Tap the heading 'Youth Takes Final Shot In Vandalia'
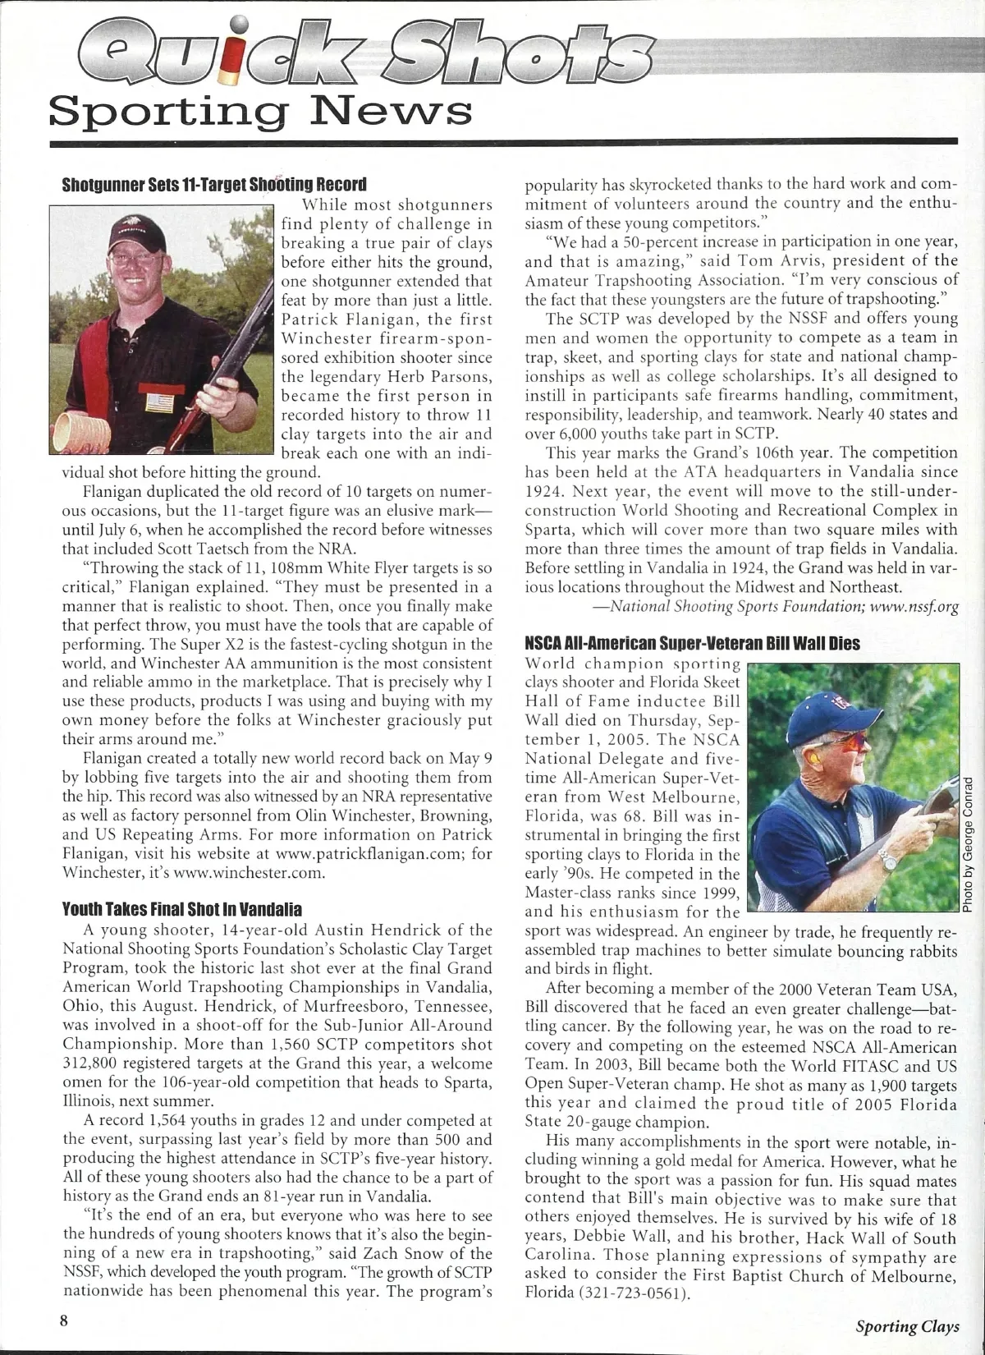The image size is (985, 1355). point(182,910)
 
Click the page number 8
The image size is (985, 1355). point(62,1320)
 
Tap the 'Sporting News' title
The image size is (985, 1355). point(260,109)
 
